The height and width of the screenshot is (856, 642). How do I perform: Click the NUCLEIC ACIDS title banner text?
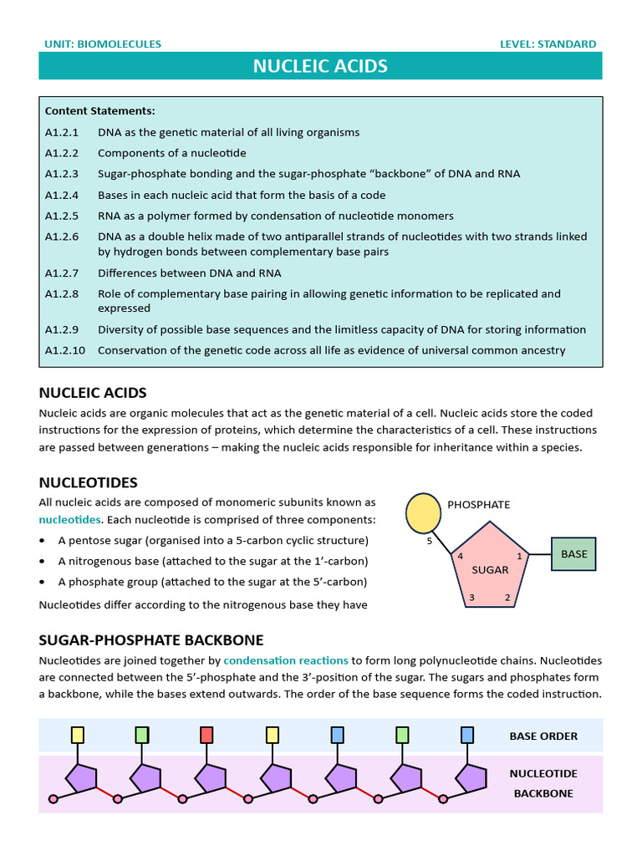(x=320, y=66)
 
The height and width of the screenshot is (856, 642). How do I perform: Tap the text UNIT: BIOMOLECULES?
(x=100, y=43)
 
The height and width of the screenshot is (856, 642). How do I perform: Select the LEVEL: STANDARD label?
(x=548, y=43)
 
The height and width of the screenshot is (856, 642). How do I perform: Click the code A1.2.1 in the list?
(x=61, y=132)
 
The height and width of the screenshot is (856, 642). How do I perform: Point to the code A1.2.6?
(x=61, y=237)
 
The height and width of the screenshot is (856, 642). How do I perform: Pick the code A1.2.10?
(x=64, y=350)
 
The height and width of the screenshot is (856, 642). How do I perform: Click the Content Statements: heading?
(x=99, y=110)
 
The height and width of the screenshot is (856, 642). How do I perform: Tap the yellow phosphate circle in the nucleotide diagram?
(x=422, y=512)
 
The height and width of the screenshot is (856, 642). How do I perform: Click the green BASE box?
(x=573, y=553)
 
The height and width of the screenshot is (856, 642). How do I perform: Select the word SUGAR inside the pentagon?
(x=490, y=569)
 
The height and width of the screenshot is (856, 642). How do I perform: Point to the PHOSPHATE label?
(x=478, y=505)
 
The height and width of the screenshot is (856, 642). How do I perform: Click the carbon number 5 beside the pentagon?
(x=430, y=540)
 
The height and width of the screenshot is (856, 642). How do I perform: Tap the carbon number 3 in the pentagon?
(x=471, y=597)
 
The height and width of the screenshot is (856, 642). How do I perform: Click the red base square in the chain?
(x=206, y=735)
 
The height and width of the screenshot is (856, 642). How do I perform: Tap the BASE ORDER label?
(x=543, y=736)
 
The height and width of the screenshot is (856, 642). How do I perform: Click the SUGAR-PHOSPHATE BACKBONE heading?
(x=151, y=640)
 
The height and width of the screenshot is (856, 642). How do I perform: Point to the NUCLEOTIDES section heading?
(x=88, y=482)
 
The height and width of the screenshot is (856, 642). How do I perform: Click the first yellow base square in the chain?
(x=77, y=735)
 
